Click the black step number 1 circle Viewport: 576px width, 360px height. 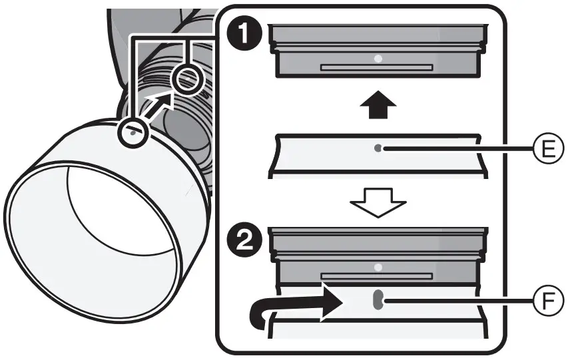(244, 35)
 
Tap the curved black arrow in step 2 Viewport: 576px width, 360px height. (293, 307)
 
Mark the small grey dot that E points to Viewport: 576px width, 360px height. (378, 149)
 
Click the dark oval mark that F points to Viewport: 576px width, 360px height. (377, 300)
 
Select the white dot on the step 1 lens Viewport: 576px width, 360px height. (378, 59)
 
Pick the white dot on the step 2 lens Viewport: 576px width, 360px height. (378, 268)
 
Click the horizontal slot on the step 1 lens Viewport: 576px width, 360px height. (377, 67)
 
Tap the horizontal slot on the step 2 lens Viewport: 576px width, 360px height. (377, 275)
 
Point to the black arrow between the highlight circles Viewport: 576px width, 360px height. (160, 106)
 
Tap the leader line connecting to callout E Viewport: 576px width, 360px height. (459, 149)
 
